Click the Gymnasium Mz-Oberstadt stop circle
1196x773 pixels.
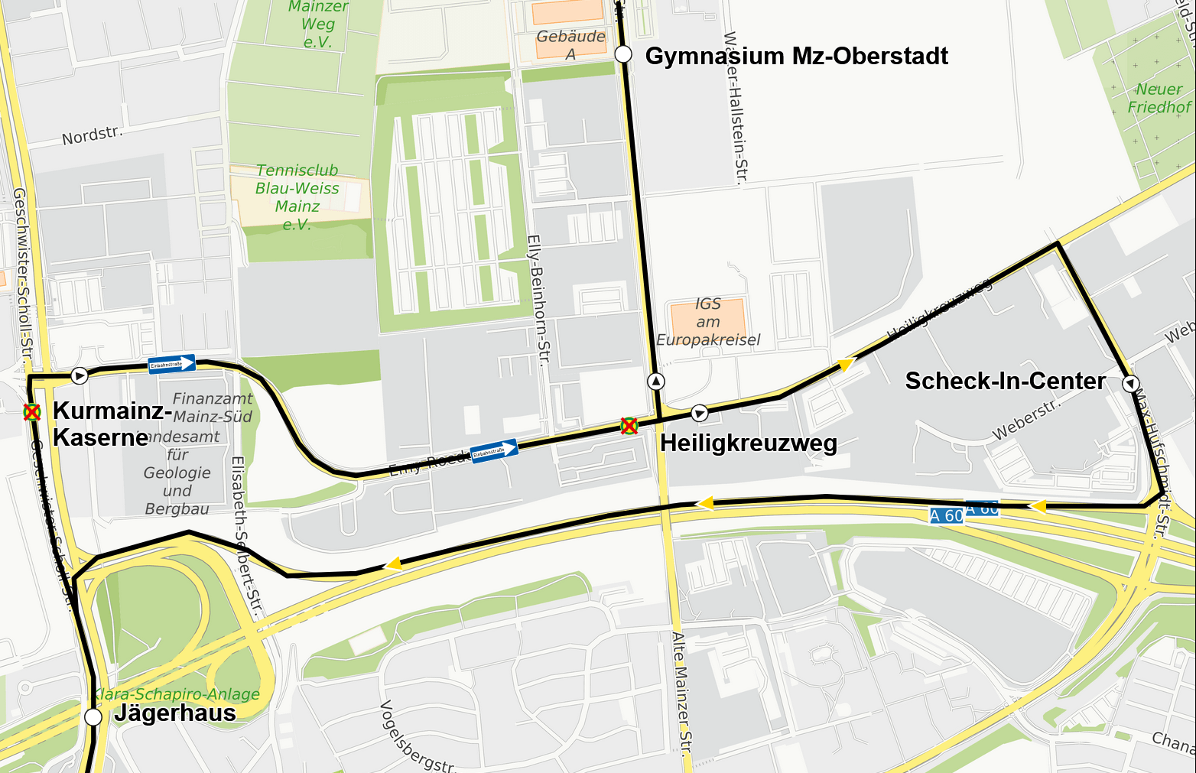click(x=623, y=54)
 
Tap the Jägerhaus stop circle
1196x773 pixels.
click(x=93, y=716)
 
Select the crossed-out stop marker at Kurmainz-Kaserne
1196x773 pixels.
click(x=31, y=412)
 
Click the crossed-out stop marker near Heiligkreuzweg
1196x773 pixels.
click(x=629, y=426)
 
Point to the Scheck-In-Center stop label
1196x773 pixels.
click(x=1005, y=381)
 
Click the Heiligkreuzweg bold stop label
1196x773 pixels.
click(x=748, y=443)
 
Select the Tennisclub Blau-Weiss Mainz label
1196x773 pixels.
click(x=297, y=197)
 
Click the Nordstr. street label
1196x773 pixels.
click(x=92, y=135)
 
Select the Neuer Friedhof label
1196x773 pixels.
click(x=1159, y=99)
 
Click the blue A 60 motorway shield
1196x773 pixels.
click(x=947, y=515)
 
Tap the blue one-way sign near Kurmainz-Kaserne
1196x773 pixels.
click(x=172, y=364)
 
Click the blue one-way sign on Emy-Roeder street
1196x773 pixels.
click(x=494, y=451)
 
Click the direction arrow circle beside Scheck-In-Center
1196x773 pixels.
click(x=1130, y=383)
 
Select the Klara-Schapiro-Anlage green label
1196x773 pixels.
click(x=177, y=694)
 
